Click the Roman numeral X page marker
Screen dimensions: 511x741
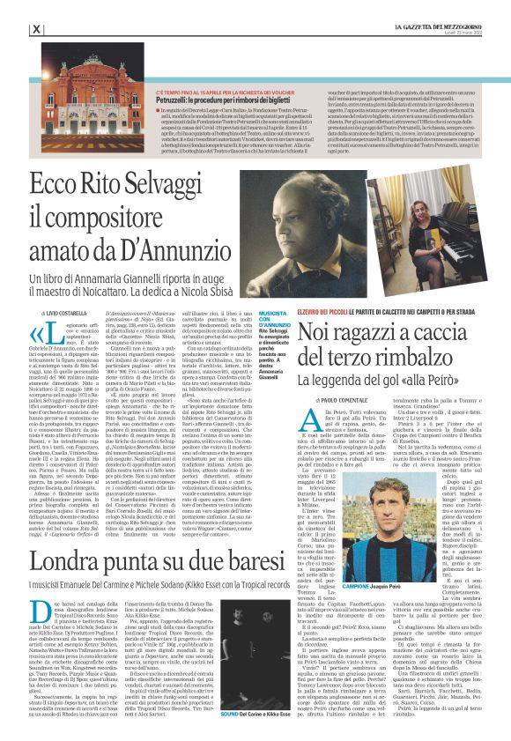point(36,29)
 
